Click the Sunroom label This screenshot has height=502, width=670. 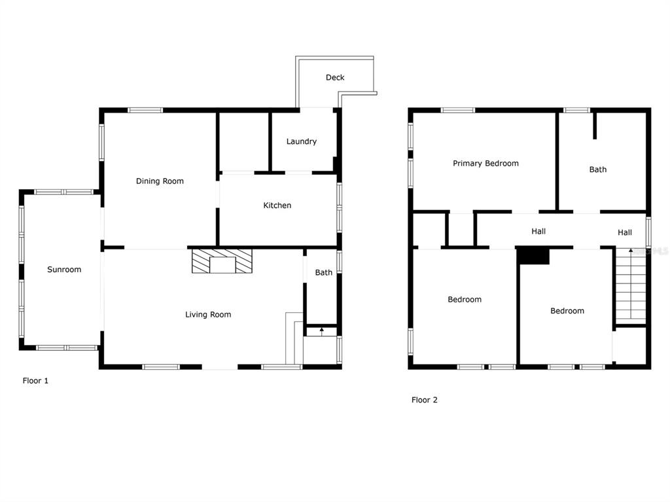(x=64, y=270)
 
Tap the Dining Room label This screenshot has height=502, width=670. (x=160, y=181)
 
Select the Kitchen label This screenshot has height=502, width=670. (x=277, y=206)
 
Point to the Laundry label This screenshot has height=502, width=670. (x=302, y=141)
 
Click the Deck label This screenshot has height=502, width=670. (x=335, y=77)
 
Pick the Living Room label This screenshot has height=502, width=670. (x=208, y=315)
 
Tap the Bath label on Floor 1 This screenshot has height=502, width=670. (x=324, y=272)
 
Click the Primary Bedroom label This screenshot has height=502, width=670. (x=486, y=164)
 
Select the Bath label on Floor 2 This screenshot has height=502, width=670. (x=598, y=170)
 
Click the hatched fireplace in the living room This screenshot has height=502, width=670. (x=222, y=261)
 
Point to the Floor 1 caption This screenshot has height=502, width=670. (x=35, y=380)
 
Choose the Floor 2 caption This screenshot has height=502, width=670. (x=424, y=400)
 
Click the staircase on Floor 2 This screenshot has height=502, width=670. (x=630, y=286)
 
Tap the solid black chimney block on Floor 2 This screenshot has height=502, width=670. (x=533, y=256)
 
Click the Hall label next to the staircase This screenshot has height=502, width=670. (x=625, y=232)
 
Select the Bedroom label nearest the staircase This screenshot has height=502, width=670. (x=567, y=311)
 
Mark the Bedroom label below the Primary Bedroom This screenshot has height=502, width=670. (x=465, y=299)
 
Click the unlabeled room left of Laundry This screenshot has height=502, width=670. (x=244, y=142)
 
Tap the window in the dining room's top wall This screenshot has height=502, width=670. (x=145, y=111)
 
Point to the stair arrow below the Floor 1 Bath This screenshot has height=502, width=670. (x=322, y=331)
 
